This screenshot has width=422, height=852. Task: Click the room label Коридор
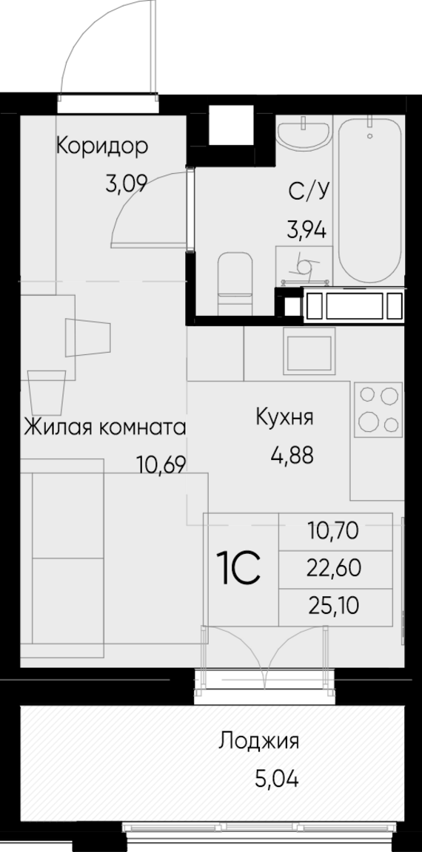[102, 146]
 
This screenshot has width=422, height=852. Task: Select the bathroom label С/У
[307, 192]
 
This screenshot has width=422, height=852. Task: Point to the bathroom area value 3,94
[307, 228]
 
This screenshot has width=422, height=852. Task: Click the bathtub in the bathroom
[371, 200]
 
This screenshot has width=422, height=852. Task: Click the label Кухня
[284, 416]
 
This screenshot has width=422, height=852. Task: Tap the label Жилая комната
[104, 427]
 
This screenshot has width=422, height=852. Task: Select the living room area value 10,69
[160, 464]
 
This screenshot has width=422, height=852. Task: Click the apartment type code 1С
[238, 568]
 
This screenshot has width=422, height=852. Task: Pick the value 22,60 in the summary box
[332, 569]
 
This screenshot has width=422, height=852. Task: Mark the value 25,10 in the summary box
[332, 607]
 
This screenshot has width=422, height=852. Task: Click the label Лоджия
[259, 741]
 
